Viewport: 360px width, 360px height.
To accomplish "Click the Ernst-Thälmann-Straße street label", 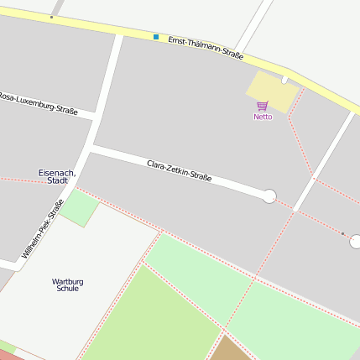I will point(206,48).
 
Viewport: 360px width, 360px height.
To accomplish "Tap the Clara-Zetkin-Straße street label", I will point(179,170).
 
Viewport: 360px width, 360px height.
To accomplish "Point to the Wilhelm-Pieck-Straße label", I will point(43,228).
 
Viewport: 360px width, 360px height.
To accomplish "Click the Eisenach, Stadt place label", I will point(57,176).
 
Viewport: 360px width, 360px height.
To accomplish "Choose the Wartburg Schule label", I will point(67,284).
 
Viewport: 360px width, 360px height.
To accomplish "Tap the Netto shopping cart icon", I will point(263,106).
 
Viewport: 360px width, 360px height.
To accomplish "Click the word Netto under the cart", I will point(263,117).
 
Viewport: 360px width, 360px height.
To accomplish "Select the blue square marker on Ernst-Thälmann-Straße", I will point(156,37).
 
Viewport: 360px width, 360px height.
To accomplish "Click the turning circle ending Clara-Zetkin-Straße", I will point(269,196).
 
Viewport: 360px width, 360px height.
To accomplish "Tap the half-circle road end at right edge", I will point(355,242).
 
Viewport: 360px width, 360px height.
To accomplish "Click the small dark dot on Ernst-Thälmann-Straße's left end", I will point(51,17).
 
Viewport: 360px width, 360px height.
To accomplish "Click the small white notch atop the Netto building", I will point(285,80).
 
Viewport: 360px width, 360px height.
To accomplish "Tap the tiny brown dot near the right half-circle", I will point(342,233).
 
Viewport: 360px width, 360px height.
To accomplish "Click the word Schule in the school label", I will point(67,289).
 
